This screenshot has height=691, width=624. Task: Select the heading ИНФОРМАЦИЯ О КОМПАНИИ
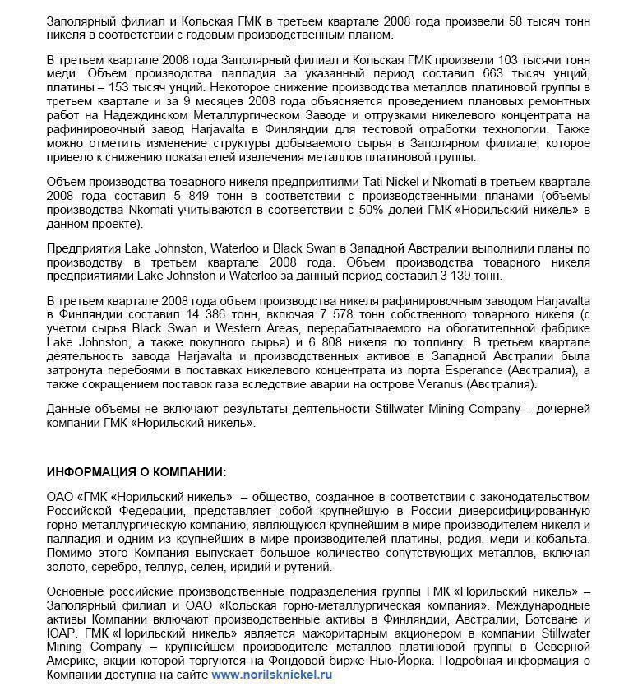click(x=136, y=472)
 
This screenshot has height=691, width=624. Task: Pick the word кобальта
click(x=562, y=539)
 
